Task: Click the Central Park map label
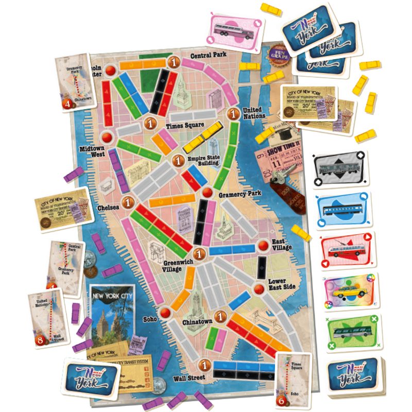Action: tap(209, 55)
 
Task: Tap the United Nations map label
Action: tap(252, 113)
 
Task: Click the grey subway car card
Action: tap(341, 170)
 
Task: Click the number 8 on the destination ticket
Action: tap(42, 340)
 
